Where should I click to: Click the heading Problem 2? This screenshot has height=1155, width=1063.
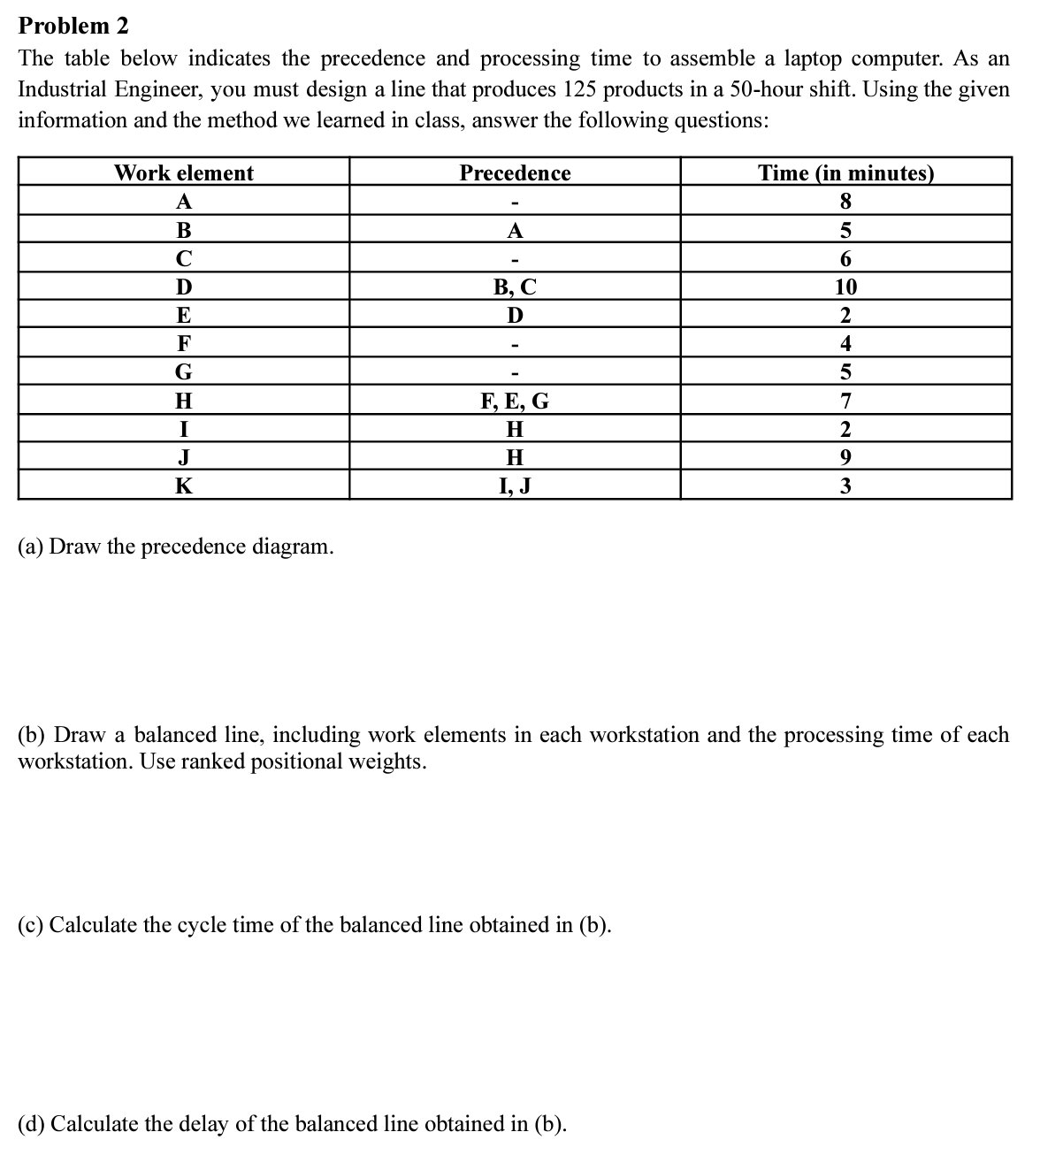[73, 26]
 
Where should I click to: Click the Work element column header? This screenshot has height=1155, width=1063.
[183, 172]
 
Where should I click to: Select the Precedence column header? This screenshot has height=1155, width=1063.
[515, 172]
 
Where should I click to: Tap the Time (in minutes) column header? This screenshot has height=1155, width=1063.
[845, 172]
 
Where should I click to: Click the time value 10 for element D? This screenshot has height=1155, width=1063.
[845, 287]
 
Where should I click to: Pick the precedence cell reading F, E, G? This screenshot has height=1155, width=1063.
[515, 402]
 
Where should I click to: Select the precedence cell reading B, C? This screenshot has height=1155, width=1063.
[515, 287]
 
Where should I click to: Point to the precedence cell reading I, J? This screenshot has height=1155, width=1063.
[515, 486]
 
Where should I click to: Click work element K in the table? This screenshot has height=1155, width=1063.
[183, 486]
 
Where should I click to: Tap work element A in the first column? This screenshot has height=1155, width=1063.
[183, 202]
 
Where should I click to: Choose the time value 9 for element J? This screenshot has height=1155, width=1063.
[845, 457]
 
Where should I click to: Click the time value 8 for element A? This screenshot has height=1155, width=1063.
[845, 202]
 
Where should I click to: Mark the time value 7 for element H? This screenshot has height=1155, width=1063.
[845, 402]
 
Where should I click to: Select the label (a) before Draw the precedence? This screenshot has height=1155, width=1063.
[31, 547]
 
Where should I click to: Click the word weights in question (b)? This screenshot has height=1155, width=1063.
[387, 761]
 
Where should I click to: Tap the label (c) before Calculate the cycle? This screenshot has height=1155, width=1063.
[31, 925]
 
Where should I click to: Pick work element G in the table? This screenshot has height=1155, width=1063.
[183, 372]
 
